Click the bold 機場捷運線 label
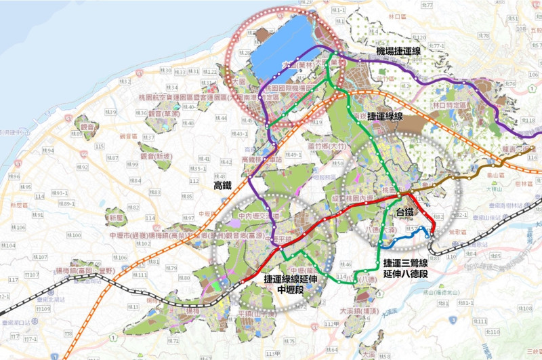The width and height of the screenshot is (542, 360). click(408, 52)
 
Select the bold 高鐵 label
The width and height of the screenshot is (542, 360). click(223, 184)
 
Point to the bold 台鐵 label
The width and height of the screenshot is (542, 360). click(405, 213)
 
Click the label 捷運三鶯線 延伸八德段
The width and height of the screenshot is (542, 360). click(405, 268)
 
